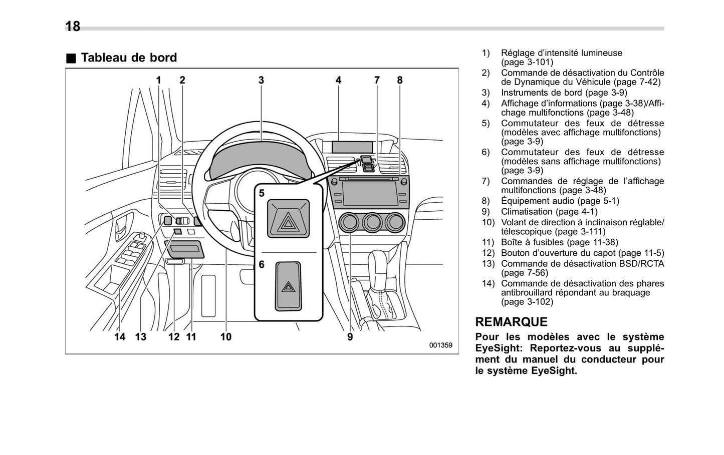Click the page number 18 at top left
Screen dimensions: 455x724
(x=73, y=26)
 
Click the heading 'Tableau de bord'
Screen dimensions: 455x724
(x=128, y=58)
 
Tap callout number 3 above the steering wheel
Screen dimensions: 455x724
(x=261, y=80)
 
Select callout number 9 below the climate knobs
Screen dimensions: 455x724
(x=350, y=337)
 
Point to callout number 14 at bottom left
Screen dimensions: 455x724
(x=120, y=337)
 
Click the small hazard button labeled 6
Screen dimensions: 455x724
(x=288, y=286)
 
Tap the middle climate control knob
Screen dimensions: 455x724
(x=372, y=222)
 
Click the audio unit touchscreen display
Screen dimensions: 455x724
(x=370, y=193)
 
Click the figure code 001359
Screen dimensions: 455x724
(x=440, y=345)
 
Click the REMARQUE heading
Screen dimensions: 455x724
(x=511, y=322)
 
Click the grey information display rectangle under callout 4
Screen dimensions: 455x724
(x=352, y=147)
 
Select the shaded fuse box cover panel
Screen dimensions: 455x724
(x=184, y=249)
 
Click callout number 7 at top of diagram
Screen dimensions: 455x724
(x=377, y=80)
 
